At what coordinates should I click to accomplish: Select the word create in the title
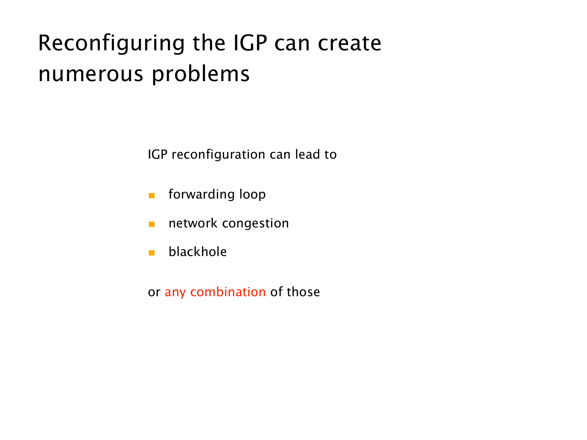[x=350, y=43]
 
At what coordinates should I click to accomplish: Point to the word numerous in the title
[x=91, y=75]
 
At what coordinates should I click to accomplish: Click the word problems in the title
[x=201, y=74]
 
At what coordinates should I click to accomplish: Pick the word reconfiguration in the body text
[x=218, y=155]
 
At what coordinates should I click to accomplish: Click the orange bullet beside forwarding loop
[x=152, y=196]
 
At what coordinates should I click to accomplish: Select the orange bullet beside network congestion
[x=152, y=224]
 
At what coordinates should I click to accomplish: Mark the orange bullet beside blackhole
[x=152, y=253]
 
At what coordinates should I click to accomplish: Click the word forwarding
[x=202, y=194]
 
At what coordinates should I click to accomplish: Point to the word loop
[x=253, y=195]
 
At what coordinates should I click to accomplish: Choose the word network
[x=193, y=223]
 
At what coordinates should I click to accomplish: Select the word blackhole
[x=198, y=252]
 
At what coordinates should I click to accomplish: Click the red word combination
[x=228, y=292]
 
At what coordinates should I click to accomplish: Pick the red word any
[x=175, y=293]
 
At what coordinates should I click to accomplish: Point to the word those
[x=303, y=292]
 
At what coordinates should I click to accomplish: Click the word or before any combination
[x=154, y=293]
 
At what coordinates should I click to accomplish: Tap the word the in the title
[x=209, y=43]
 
